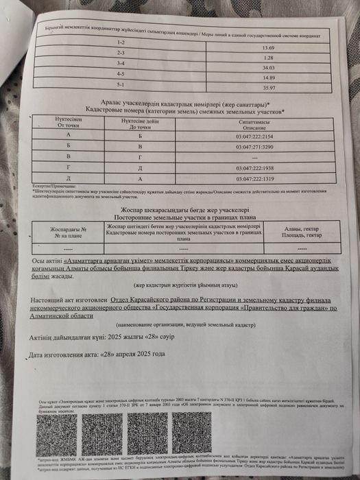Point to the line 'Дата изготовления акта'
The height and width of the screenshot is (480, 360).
click(98, 355)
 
